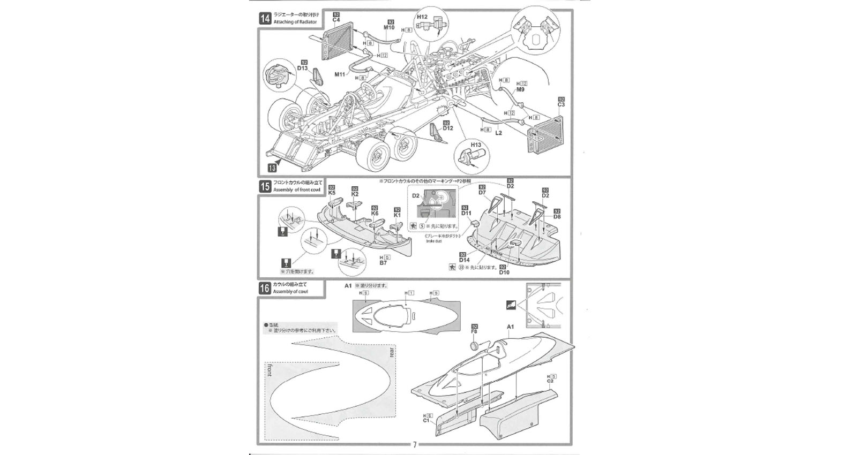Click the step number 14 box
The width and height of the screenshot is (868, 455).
[265, 19]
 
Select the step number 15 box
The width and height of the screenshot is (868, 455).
[265, 186]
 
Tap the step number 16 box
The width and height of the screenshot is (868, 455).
[265, 288]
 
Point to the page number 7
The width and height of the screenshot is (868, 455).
[414, 445]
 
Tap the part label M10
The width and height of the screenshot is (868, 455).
[389, 27]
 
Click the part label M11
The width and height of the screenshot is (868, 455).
[340, 74]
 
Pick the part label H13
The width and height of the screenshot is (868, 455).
[476, 145]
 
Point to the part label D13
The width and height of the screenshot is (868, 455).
[302, 68]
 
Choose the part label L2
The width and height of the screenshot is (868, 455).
[498, 133]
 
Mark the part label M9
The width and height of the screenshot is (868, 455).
[520, 89]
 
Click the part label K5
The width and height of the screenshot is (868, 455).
[332, 193]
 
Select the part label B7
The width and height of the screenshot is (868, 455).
[383, 263]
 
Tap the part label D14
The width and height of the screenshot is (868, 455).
[464, 260]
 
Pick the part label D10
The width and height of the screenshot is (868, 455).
[504, 272]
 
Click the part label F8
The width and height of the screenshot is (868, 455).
[474, 332]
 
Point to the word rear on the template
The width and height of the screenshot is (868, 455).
[392, 352]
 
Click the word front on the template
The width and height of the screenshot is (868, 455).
[268, 370]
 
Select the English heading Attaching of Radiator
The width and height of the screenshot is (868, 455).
[295, 22]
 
